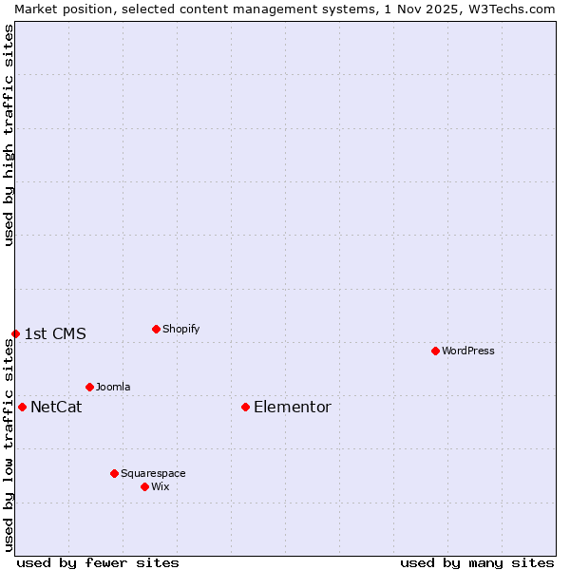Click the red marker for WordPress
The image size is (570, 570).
pyautogui.click(x=435, y=351)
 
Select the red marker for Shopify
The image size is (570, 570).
pyautogui.click(x=156, y=329)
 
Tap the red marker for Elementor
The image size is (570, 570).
pyautogui.click(x=245, y=407)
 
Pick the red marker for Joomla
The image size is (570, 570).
pyautogui.click(x=89, y=387)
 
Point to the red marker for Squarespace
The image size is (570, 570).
pyautogui.click(x=114, y=473)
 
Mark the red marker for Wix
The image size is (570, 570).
pyautogui.click(x=144, y=486)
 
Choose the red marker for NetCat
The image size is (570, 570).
pyautogui.click(x=22, y=407)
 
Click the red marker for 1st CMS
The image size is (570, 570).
pyautogui.click(x=15, y=333)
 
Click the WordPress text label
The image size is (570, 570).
pyautogui.click(x=468, y=351)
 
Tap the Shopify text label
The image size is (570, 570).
pyautogui.click(x=180, y=329)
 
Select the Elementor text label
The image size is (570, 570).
pyautogui.click(x=293, y=407)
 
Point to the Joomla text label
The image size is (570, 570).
pyautogui.click(x=113, y=387)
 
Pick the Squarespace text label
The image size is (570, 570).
pyautogui.click(x=153, y=473)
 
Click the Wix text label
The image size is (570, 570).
pyautogui.click(x=161, y=486)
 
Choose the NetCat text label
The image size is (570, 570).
pyautogui.click(x=56, y=407)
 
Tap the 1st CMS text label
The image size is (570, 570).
pyautogui.click(x=55, y=333)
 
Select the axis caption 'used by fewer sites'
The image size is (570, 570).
pyautogui.click(x=98, y=562)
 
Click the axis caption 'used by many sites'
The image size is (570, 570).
pyautogui.click(x=477, y=562)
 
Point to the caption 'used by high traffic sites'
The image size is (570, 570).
pyautogui.click(x=9, y=135)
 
